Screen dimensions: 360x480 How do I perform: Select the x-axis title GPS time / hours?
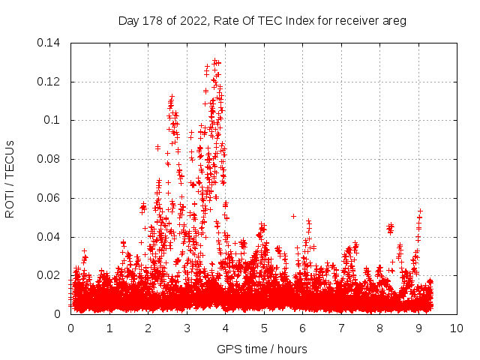click(x=262, y=349)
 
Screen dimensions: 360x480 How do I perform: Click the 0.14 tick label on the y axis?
click(x=49, y=42)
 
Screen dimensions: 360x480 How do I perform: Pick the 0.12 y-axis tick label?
click(x=49, y=81)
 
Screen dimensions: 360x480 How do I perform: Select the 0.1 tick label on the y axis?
click(x=52, y=120)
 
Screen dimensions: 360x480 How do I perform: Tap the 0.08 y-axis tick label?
click(x=49, y=159)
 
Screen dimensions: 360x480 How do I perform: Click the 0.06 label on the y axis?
click(x=49, y=198)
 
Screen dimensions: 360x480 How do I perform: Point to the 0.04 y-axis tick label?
click(x=49, y=237)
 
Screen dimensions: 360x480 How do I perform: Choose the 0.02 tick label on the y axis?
click(x=49, y=275)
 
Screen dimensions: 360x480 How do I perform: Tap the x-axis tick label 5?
click(x=264, y=328)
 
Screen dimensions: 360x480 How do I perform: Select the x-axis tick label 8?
click(x=379, y=328)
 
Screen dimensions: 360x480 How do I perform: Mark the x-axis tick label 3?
click(x=187, y=328)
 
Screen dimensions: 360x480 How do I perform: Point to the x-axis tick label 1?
click(x=109, y=328)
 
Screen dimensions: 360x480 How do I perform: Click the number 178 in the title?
click(x=151, y=21)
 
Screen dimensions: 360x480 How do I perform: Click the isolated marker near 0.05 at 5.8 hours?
click(x=294, y=216)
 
